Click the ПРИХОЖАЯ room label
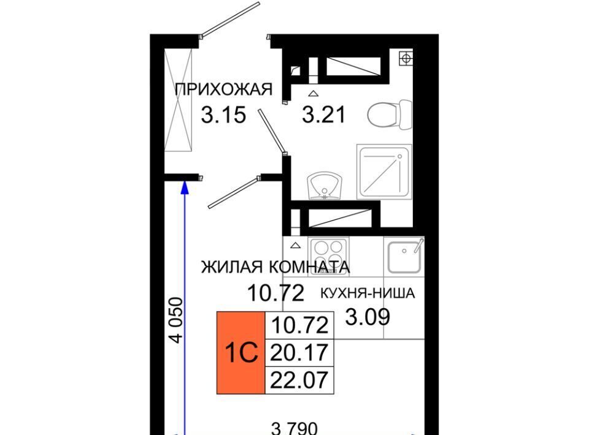(x=223, y=89)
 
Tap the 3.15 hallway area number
(x=223, y=115)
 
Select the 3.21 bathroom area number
(x=324, y=115)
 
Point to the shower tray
(x=384, y=172)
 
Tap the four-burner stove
(x=328, y=257)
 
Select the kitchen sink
(x=404, y=257)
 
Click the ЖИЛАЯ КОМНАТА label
(x=275, y=267)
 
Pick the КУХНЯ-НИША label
(x=368, y=293)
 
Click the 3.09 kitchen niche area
(x=368, y=317)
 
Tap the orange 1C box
(x=241, y=352)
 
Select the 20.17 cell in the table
(x=299, y=353)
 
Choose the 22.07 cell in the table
(x=299, y=380)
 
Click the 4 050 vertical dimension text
(x=176, y=320)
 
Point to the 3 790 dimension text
(x=294, y=428)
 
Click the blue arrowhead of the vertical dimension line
(x=185, y=187)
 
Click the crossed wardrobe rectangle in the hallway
(x=179, y=100)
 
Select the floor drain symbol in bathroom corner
(x=406, y=58)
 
